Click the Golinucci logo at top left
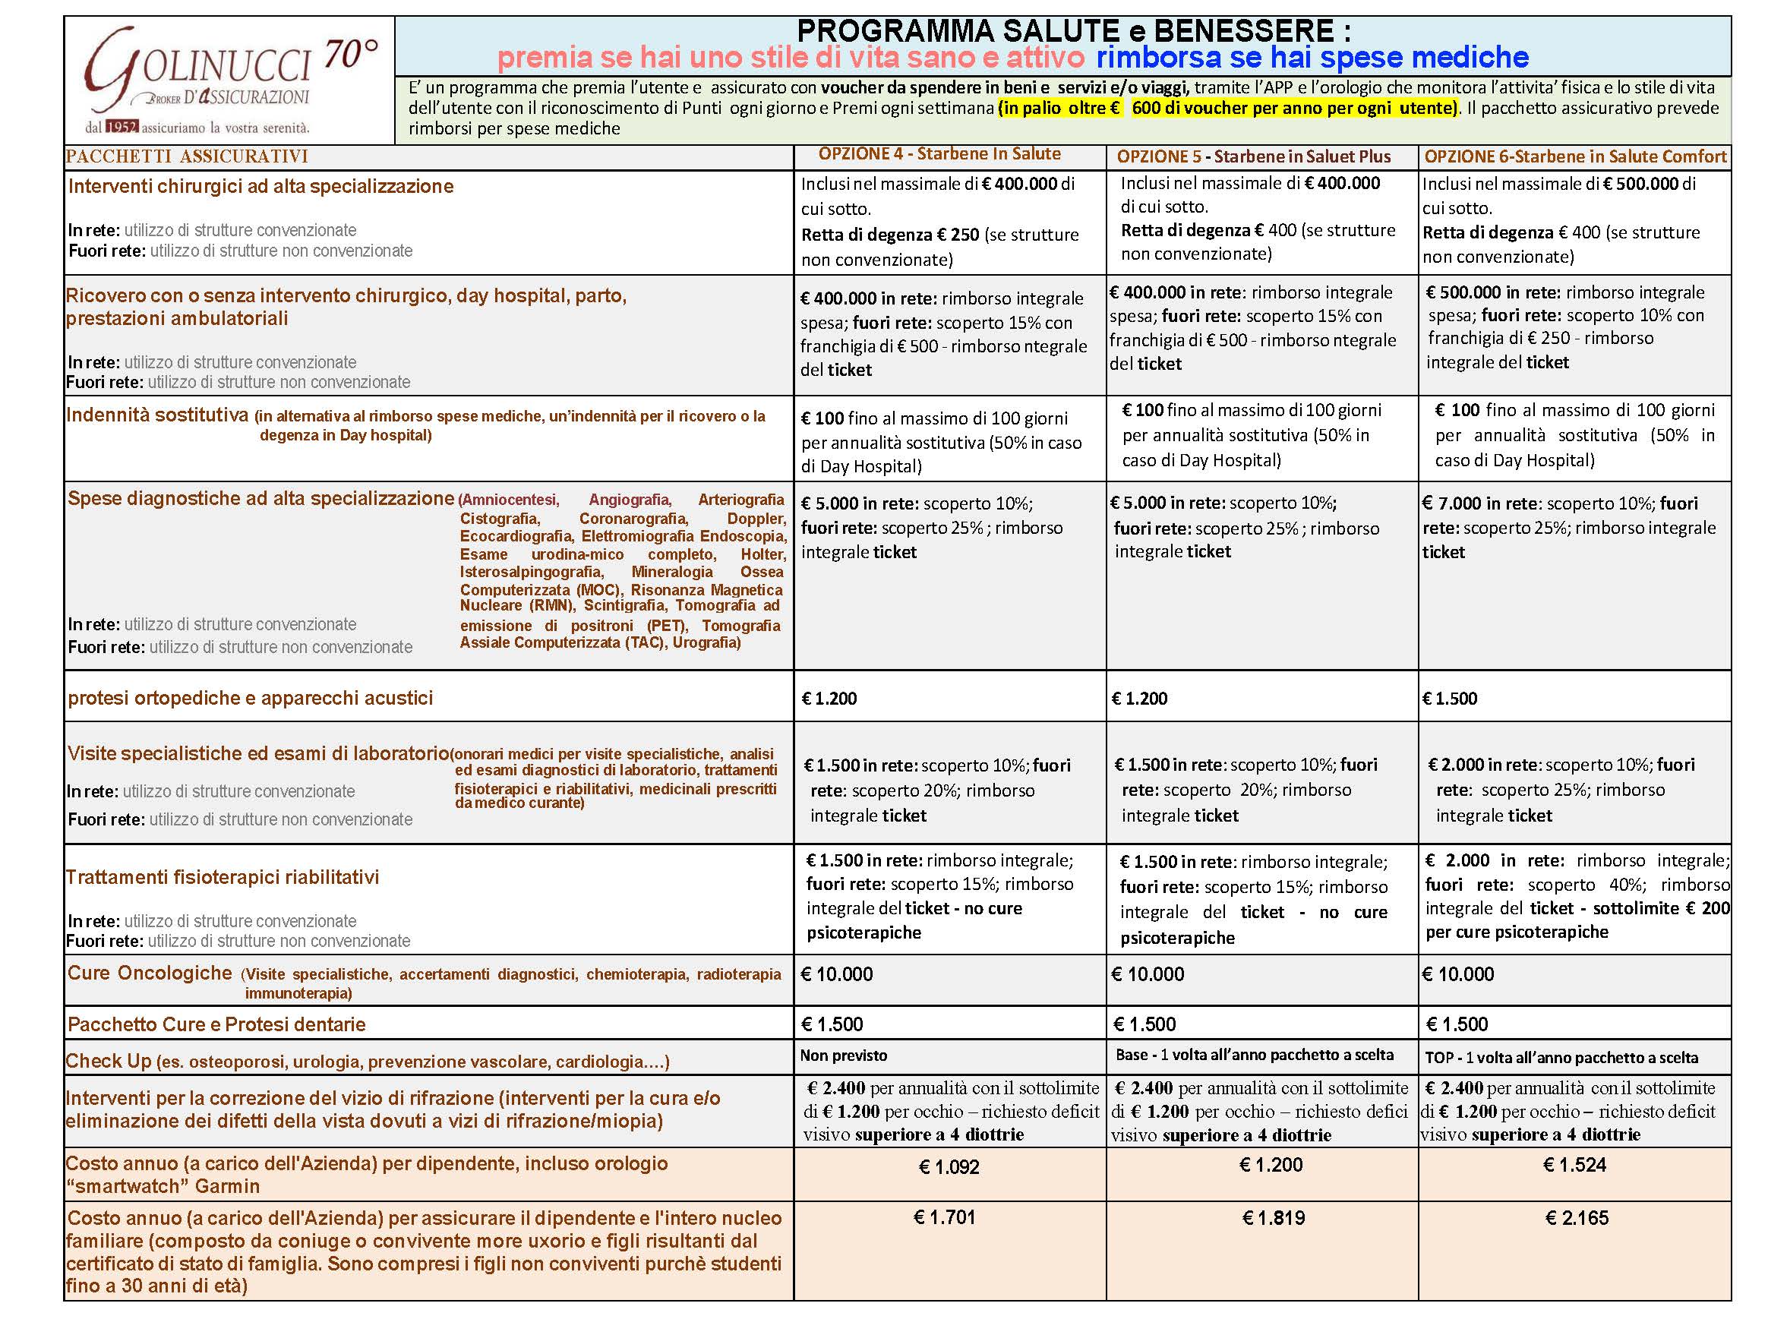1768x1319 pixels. click(x=230, y=80)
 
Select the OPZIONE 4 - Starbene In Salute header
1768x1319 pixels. click(x=939, y=154)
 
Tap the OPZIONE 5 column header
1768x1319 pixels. click(x=1253, y=156)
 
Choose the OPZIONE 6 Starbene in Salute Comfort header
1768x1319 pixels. click(x=1575, y=156)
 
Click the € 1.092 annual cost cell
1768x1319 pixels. click(x=949, y=1167)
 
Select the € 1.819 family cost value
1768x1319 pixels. click(x=1273, y=1219)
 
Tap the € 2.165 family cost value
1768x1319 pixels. click(x=1577, y=1219)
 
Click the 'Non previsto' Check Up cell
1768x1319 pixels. click(x=843, y=1056)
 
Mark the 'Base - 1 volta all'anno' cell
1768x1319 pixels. click(x=1254, y=1055)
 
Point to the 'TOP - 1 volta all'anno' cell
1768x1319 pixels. click(x=1561, y=1058)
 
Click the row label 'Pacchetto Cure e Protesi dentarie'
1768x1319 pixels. click(x=216, y=1024)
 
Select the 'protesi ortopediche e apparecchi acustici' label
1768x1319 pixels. click(x=250, y=698)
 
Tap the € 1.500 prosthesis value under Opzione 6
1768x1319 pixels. click(x=1449, y=699)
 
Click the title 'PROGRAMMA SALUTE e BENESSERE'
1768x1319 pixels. click(x=1073, y=30)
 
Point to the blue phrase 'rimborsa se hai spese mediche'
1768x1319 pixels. click(x=1312, y=58)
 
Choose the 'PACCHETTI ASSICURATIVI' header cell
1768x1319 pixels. click(x=187, y=156)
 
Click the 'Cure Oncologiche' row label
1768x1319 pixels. click(x=150, y=973)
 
